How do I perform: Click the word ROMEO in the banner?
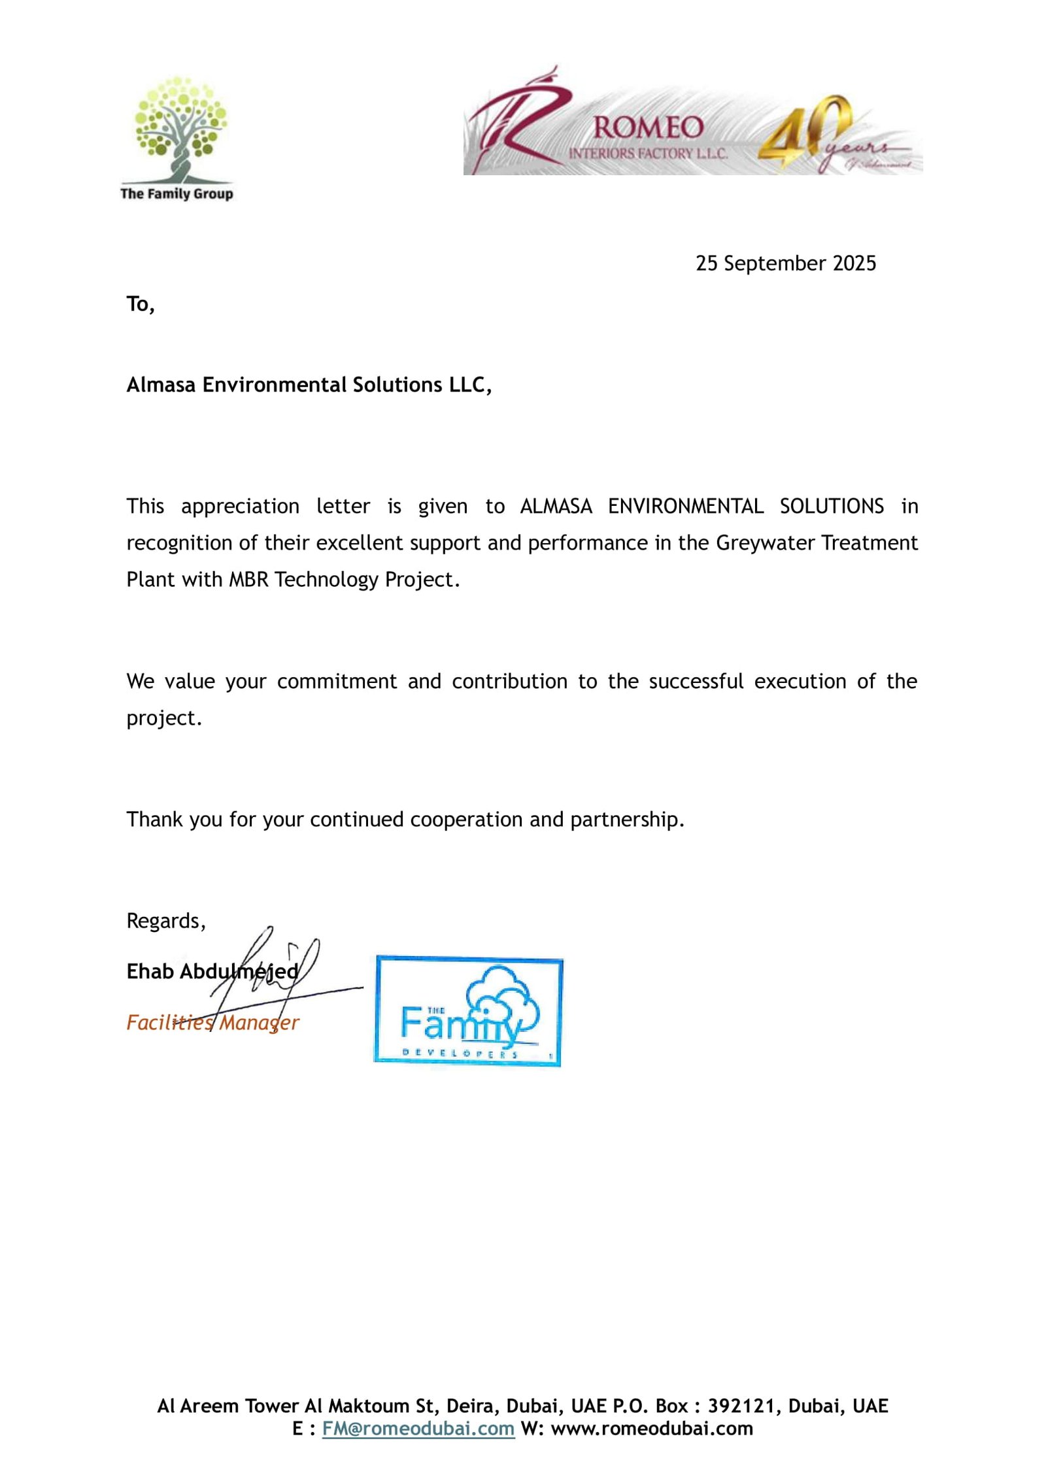click(648, 127)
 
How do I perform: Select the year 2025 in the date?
click(854, 263)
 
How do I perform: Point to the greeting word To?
click(141, 305)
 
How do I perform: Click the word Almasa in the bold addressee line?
click(161, 385)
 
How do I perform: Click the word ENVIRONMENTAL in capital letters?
click(685, 507)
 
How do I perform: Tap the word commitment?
click(337, 682)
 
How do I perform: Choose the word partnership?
click(627, 820)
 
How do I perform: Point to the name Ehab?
click(150, 972)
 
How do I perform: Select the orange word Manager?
click(260, 1023)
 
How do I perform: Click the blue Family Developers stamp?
click(468, 1010)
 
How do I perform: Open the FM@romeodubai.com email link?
click(418, 1429)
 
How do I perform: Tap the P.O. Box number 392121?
click(744, 1406)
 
